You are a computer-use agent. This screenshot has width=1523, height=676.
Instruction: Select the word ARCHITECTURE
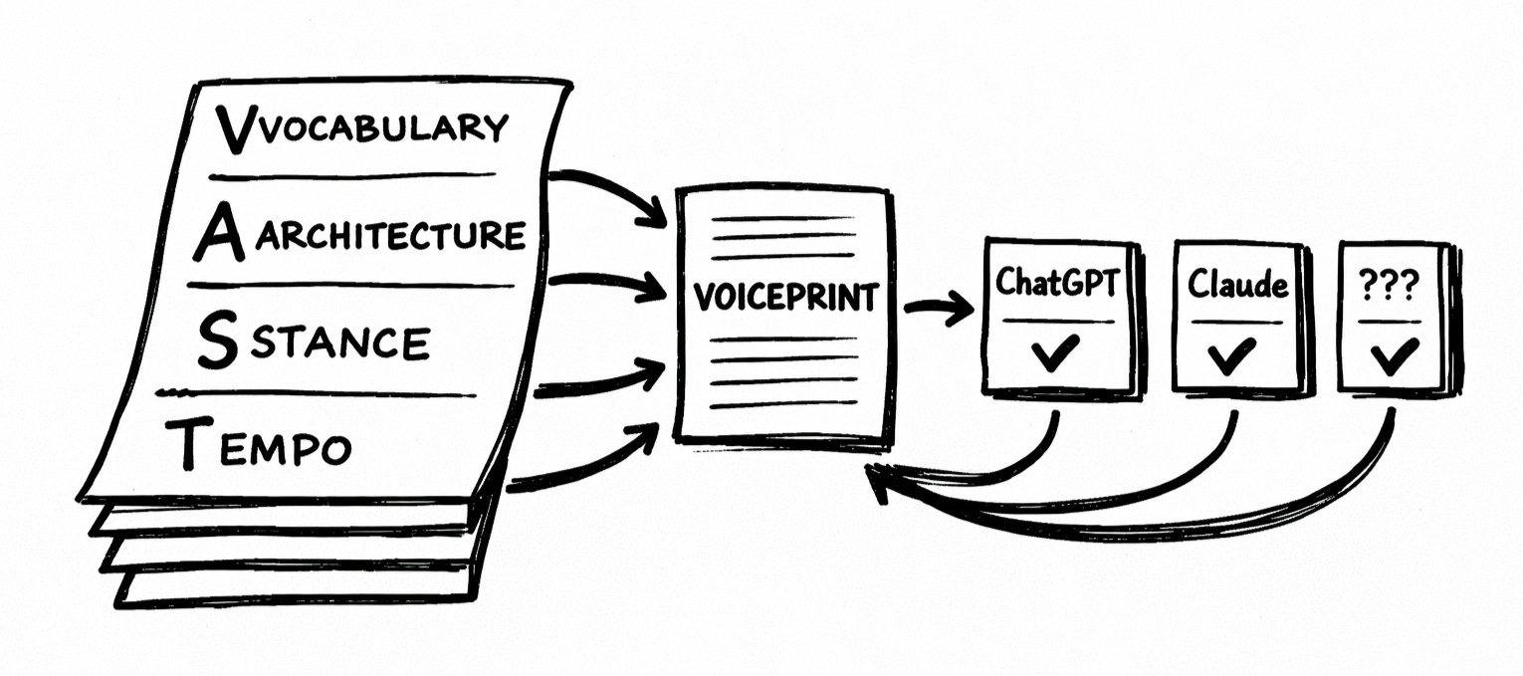point(389,237)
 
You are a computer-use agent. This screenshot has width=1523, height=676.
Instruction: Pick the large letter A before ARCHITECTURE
point(218,235)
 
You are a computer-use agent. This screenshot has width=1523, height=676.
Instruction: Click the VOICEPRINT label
point(786,298)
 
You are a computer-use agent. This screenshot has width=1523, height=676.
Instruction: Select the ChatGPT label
point(1059,284)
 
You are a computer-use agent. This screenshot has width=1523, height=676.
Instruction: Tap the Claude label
point(1237,287)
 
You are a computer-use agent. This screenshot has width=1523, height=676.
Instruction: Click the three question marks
point(1391,286)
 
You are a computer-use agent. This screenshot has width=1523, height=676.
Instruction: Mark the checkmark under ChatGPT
point(1056,352)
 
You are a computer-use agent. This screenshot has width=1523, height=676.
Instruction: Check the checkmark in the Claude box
point(1234,354)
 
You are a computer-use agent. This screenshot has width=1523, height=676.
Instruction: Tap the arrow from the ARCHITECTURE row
point(607,284)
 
